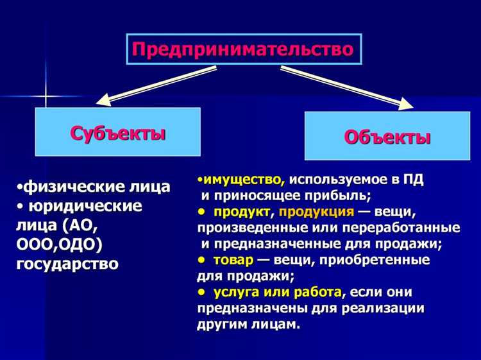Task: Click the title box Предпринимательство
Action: pyautogui.click(x=243, y=49)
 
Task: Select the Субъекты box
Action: pyautogui.click(x=117, y=132)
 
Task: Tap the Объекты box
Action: pyautogui.click(x=387, y=136)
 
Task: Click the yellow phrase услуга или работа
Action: pyautogui.click(x=277, y=292)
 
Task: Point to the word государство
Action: pyautogui.click(x=67, y=264)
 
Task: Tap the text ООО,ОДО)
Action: pyautogui.click(x=59, y=244)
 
